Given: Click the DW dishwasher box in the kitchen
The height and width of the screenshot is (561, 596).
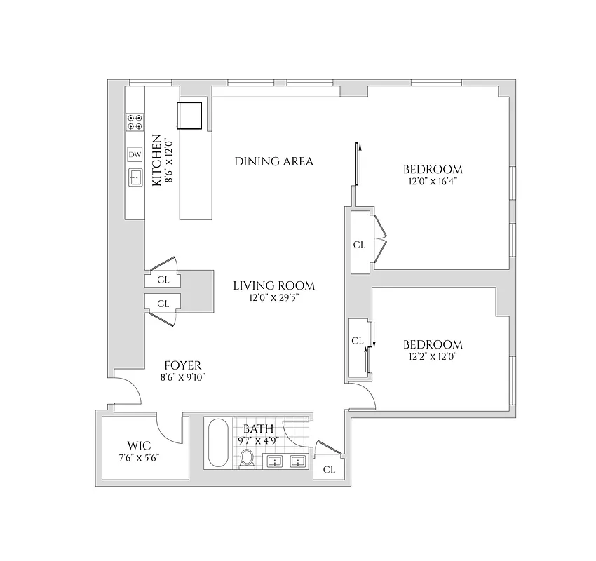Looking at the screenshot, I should (x=134, y=154).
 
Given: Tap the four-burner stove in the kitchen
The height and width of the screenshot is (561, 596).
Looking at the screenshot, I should (x=134, y=122).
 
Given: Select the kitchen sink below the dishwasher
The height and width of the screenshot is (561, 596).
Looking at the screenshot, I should (x=135, y=178).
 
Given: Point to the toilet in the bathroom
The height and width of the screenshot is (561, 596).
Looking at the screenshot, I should (x=246, y=459).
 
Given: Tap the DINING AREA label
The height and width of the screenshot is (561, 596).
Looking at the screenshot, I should (x=273, y=162).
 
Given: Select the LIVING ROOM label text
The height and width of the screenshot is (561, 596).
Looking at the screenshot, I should (x=273, y=285).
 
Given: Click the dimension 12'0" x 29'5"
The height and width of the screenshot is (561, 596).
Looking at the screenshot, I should (x=273, y=298).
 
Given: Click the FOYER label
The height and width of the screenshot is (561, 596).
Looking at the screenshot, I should (x=183, y=365).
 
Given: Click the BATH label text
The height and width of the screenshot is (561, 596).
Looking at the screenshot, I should (x=254, y=428).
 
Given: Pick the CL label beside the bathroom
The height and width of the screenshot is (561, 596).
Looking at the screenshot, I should (x=329, y=470).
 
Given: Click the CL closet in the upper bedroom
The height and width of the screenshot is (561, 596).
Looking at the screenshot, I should (x=359, y=245).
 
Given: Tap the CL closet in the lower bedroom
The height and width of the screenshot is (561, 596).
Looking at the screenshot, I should (x=357, y=341).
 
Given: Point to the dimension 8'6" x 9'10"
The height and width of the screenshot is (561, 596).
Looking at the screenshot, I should (x=183, y=377).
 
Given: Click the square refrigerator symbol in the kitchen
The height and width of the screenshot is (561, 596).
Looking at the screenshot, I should (x=189, y=116).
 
